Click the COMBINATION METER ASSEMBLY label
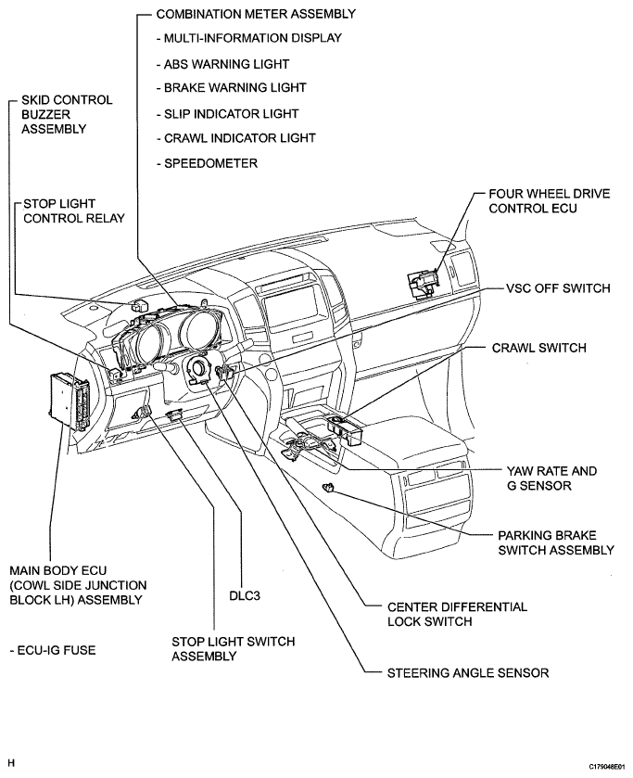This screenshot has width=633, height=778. point(255,14)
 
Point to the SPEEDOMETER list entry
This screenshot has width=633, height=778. point(210,163)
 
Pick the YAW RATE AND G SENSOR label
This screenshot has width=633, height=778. point(545,478)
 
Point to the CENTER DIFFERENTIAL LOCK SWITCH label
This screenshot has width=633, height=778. point(457,614)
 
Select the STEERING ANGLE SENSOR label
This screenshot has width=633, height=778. point(468,672)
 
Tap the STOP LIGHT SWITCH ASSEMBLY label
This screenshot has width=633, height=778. point(221,648)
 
